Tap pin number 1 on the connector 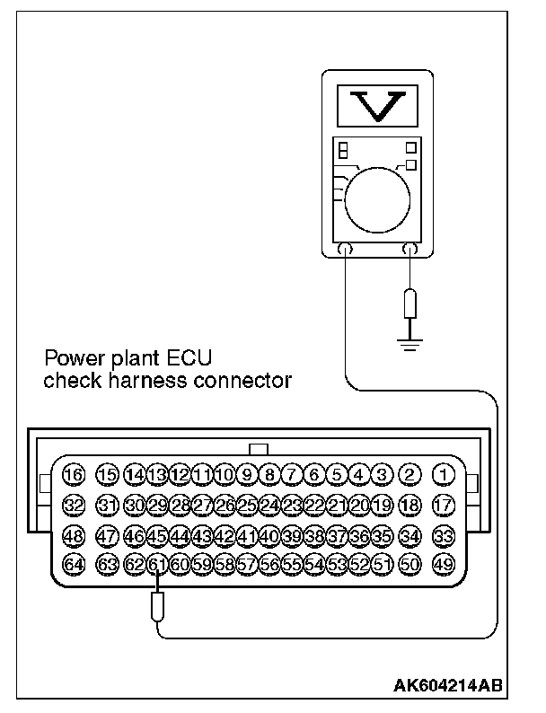point(442,474)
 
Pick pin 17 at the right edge point(442,505)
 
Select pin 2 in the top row point(410,474)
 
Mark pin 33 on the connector point(442,535)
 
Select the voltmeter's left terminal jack point(346,251)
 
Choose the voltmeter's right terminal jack point(411,251)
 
